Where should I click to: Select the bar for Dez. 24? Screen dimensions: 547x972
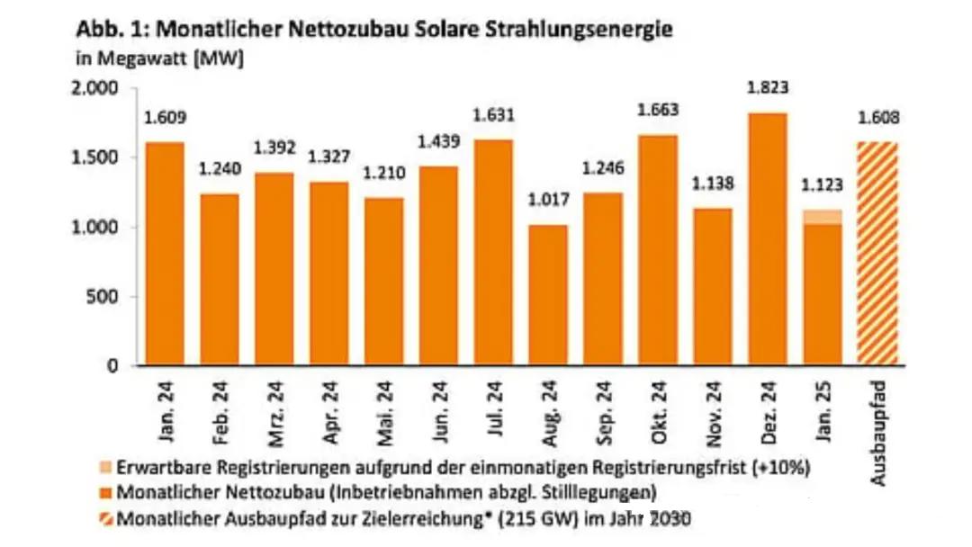point(766,238)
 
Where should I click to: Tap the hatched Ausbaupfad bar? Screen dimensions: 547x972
point(878,253)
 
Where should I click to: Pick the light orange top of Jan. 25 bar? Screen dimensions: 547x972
point(822,216)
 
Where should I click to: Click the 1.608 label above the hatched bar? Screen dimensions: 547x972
point(878,118)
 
